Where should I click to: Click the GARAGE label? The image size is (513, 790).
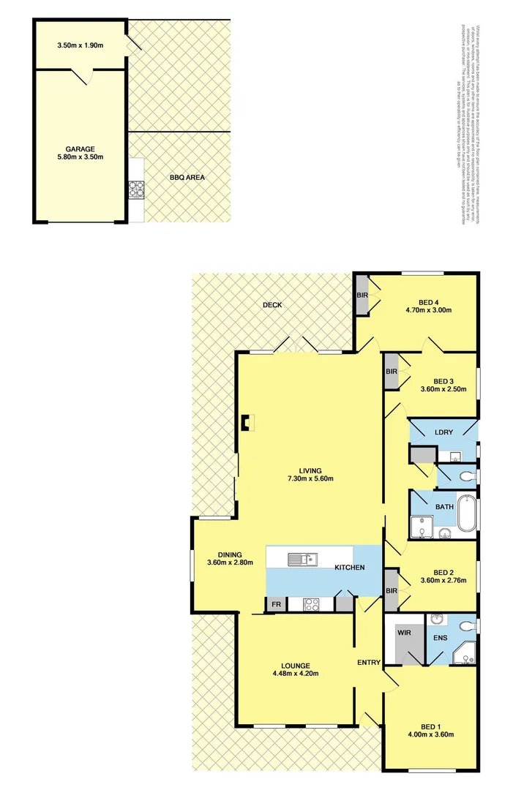pos(80,148)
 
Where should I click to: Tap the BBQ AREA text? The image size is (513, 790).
pos(187,177)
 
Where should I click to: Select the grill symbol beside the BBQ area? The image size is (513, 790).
pos(136,190)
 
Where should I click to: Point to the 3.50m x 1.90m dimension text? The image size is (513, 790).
pos(80,45)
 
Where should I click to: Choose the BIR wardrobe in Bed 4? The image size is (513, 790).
pos(362,296)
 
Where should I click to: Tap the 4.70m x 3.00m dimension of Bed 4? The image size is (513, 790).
pos(428,310)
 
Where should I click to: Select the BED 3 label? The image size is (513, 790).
pos(444,381)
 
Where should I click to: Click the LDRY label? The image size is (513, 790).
pos(443,432)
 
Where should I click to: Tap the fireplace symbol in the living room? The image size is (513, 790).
pos(247,423)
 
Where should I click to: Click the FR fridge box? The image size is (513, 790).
pos(276,604)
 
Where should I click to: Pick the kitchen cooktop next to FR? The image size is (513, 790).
pos(310,604)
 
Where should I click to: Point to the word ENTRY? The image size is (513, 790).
pos(369,663)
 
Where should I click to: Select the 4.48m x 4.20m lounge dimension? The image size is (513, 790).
pos(295,674)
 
